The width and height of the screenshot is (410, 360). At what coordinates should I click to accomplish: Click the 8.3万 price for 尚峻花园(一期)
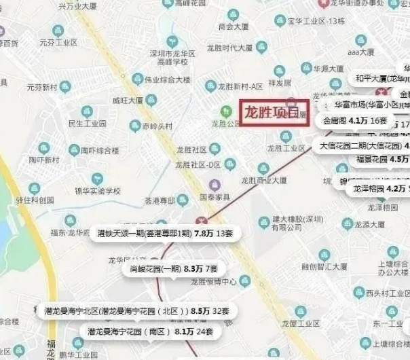[x=193, y=269]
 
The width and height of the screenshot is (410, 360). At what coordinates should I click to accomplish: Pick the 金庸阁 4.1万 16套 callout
[x=355, y=121]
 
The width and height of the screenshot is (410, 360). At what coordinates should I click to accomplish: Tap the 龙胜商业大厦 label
[x=264, y=180]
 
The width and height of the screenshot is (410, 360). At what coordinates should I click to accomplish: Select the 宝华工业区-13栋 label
[x=316, y=21]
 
